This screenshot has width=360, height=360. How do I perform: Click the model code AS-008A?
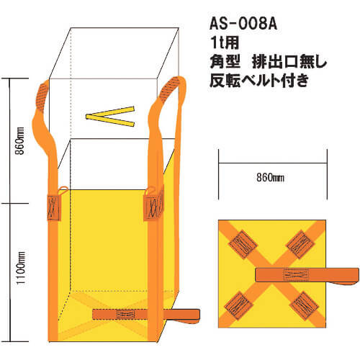[x=243, y=24]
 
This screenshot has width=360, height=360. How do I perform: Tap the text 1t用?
[x=225, y=42]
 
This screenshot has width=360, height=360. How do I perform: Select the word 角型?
[x=225, y=61]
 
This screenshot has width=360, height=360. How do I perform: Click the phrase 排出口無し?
[x=289, y=61]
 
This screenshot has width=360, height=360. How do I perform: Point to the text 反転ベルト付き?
[x=259, y=80]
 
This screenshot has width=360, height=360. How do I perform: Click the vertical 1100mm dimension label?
[x=21, y=268]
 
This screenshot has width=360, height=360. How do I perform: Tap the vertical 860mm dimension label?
[x=20, y=141]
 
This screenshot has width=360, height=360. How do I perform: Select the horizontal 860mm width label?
[x=270, y=178]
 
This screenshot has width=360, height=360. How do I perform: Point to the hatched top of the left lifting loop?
[x=42, y=96]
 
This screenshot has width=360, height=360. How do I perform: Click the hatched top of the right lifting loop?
[x=170, y=89]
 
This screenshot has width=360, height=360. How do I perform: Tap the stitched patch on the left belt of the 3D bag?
[x=54, y=207]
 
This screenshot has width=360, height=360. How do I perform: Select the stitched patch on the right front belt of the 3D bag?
[x=153, y=207]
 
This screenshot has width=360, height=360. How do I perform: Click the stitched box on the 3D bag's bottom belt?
[x=125, y=314]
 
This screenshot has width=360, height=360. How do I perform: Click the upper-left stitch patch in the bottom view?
[x=243, y=245]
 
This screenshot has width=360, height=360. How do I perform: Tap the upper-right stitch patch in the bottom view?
[x=300, y=244]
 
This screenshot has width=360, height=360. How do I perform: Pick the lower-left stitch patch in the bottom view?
[x=238, y=305]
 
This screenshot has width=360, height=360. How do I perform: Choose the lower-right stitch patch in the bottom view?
[x=304, y=306]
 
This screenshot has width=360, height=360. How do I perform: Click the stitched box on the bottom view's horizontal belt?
[x=296, y=275]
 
